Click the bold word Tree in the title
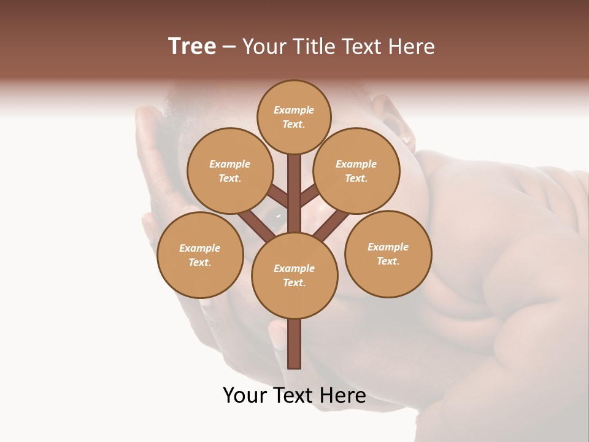tap(192, 47)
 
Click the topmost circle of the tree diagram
tap(294, 117)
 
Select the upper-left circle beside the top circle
tap(229, 171)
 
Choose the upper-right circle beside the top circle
tap(356, 171)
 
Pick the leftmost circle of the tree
tap(200, 255)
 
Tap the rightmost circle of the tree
tap(388, 254)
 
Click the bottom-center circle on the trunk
tap(294, 276)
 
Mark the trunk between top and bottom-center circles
tap(294, 193)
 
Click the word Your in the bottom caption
tap(245, 396)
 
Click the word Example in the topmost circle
tap(294, 110)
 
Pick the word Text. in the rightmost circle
tap(388, 262)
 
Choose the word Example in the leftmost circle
tap(200, 249)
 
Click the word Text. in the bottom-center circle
tap(294, 283)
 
